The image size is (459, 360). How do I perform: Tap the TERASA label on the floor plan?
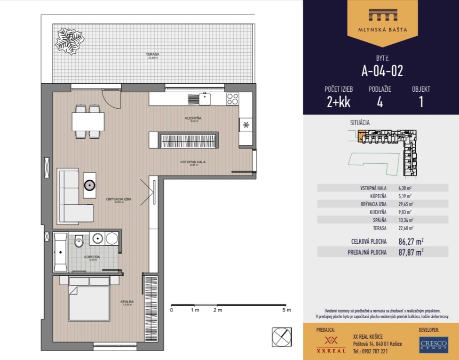coord(152,55)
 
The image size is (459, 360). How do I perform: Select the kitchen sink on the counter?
coord(205,99)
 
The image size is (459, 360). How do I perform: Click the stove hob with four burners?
coord(232,99)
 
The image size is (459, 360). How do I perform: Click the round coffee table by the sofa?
coord(89,184)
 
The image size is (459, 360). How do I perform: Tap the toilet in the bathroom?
coord(79,240)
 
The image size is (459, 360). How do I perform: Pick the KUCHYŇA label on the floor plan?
coord(193,119)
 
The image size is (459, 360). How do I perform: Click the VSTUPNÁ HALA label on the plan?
coord(193,162)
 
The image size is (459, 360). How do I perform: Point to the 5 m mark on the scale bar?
coord(287,311)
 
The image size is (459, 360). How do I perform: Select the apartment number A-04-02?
coord(382,71)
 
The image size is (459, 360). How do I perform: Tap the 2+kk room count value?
coord(338,102)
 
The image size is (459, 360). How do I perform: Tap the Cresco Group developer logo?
coord(433,344)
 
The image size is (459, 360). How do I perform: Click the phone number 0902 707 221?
coord(371,351)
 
